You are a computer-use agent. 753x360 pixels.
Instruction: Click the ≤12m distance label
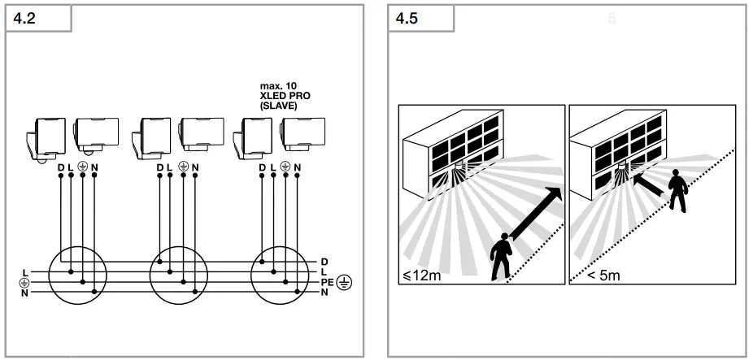click(422, 275)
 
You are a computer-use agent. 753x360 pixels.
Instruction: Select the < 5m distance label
click(603, 275)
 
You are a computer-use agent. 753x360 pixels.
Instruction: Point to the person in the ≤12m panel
click(502, 254)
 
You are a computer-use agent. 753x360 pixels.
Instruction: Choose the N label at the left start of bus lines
click(26, 292)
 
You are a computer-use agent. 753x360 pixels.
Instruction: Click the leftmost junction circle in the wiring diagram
click(77, 276)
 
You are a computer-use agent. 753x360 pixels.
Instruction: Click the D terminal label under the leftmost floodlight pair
click(60, 168)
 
